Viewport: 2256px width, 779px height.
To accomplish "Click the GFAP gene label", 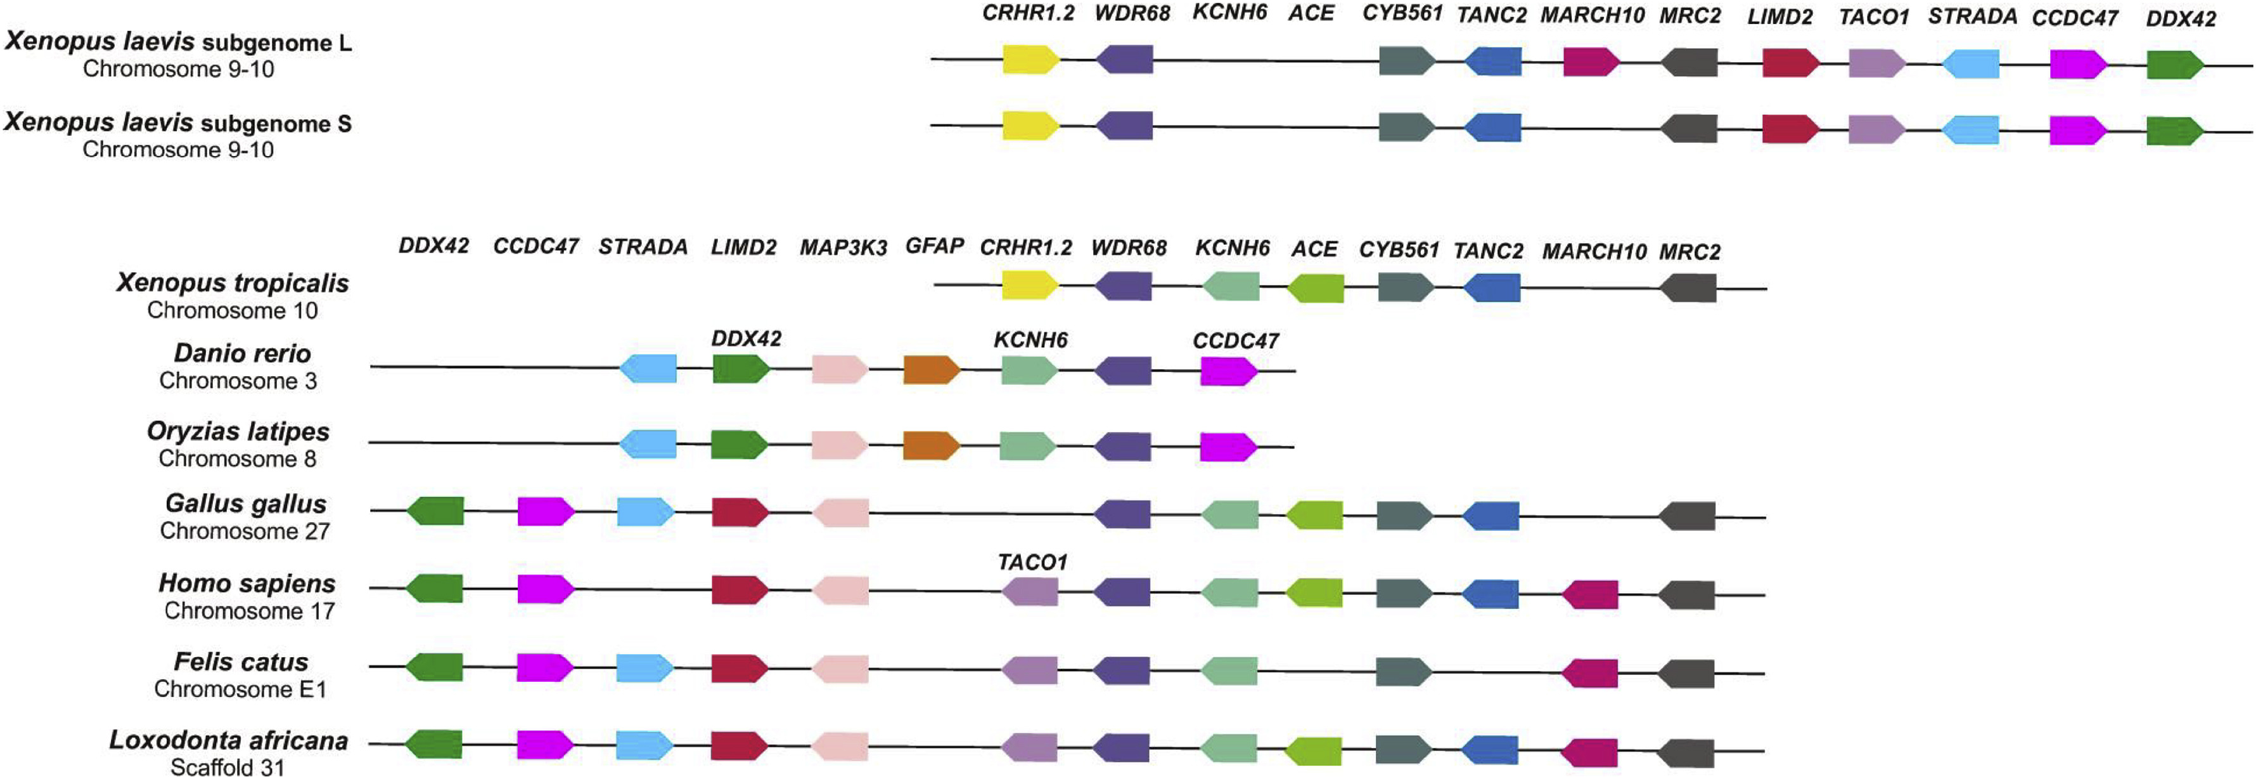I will pos(935,245).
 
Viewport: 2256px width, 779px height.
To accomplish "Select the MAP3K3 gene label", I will pos(842,248).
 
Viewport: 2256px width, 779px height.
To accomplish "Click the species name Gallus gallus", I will pos(245,504).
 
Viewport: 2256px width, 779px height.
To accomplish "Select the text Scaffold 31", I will pos(227,768).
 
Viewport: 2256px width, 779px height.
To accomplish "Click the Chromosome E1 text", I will pos(240,689).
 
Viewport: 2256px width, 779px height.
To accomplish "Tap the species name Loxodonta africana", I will pos(229,740).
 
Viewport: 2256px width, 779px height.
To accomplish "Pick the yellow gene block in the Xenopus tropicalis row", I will pos(1030,285).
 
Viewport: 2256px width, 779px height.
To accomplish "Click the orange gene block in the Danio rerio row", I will pos(931,370).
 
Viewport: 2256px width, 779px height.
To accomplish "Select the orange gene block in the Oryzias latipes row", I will pos(931,445).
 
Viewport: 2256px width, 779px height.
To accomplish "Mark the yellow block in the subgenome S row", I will pos(1030,126).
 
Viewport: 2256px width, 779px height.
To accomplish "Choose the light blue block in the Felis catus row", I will pos(644,669).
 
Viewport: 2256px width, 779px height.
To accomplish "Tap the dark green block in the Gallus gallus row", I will pos(435,510).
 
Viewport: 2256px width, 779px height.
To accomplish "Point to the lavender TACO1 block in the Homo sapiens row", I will pos(1030,591).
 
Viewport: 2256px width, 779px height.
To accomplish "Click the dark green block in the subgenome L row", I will pos(2174,65).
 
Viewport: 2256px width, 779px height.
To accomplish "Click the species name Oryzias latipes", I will pos(238,431).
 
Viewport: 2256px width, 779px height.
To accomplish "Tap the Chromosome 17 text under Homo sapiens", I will pos(250,611).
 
